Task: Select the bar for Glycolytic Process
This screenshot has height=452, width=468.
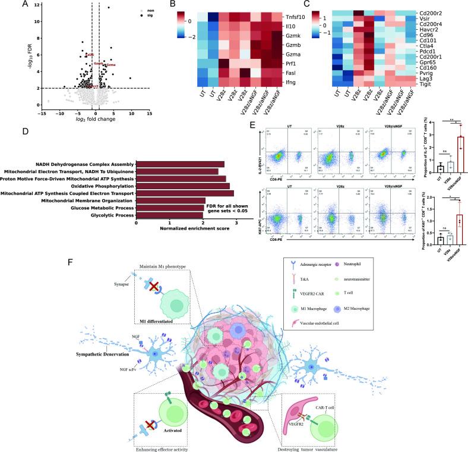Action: tap(169, 216)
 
